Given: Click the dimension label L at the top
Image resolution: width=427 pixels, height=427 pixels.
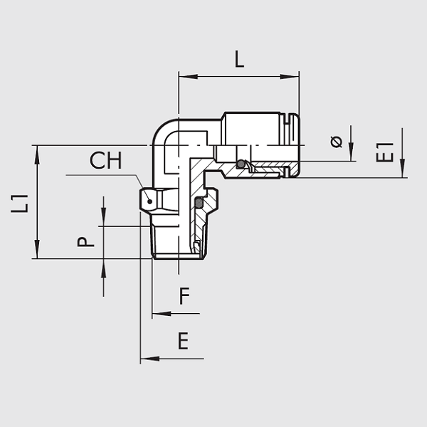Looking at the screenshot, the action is click(239, 59).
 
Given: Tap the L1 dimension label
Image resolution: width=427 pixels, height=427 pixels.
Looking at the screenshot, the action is click(20, 204).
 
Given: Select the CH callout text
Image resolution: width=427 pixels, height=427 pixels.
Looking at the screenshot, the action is click(105, 160).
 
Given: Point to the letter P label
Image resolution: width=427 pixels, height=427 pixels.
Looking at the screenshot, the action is click(85, 242).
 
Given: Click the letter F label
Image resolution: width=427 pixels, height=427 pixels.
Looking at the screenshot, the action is click(184, 296).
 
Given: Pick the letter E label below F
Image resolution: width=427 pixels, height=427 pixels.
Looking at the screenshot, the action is click(183, 341).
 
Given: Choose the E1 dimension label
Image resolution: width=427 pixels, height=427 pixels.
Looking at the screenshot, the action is click(384, 152).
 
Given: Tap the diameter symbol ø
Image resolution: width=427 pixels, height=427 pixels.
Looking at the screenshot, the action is click(337, 142).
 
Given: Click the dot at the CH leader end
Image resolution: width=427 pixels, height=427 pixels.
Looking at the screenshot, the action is click(149, 201).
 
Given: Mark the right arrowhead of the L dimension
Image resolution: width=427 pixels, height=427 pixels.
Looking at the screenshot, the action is click(290, 77).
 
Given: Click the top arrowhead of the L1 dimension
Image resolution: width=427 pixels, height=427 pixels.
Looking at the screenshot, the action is click(37, 154).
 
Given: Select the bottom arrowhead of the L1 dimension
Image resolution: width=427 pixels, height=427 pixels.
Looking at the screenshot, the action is click(37, 249).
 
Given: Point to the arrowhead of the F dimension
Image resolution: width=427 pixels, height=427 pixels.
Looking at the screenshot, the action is click(162, 314).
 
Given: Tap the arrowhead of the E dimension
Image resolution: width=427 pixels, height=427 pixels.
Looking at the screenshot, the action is click(149, 359).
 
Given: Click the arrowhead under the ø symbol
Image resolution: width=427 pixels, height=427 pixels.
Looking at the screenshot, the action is click(351, 152).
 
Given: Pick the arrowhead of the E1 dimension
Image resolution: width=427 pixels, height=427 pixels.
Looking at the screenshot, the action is click(403, 168).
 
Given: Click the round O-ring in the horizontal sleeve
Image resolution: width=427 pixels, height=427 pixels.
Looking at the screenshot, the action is click(241, 164).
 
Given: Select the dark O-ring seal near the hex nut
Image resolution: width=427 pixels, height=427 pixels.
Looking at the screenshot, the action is click(199, 203).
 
